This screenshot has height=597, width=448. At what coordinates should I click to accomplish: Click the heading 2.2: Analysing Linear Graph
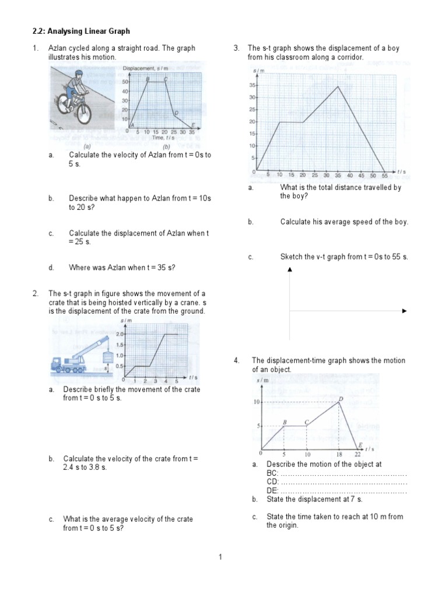81,31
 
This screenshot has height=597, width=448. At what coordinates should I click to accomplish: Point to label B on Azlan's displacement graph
148,79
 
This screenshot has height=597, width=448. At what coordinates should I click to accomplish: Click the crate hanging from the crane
107,357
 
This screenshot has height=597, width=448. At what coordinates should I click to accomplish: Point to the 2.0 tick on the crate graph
120,334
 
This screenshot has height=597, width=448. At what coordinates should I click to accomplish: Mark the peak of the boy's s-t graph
338,86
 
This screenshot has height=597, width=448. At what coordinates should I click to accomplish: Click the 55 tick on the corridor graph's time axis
384,175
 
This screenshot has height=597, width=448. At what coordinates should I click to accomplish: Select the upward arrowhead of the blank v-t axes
289,269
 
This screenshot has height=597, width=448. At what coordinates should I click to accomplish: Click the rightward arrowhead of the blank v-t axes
404,311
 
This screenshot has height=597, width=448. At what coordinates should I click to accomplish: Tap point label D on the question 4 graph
341,399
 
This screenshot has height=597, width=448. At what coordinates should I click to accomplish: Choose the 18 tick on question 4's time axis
339,455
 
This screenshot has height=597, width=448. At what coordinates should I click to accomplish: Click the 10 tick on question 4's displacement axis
256,402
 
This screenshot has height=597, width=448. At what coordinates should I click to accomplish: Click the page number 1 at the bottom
221,557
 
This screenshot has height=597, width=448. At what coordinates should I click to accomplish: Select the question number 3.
236,48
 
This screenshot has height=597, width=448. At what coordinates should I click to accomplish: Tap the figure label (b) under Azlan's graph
166,147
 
